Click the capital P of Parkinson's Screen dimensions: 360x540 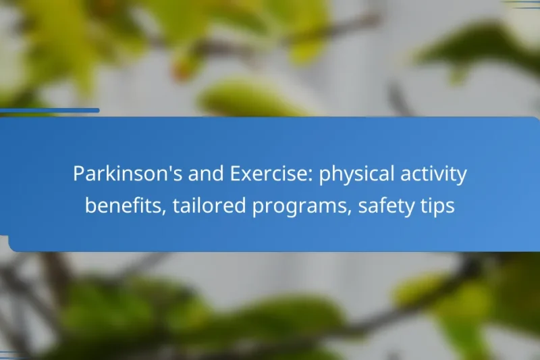[78, 174]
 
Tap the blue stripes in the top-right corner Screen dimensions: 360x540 [524, 4]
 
